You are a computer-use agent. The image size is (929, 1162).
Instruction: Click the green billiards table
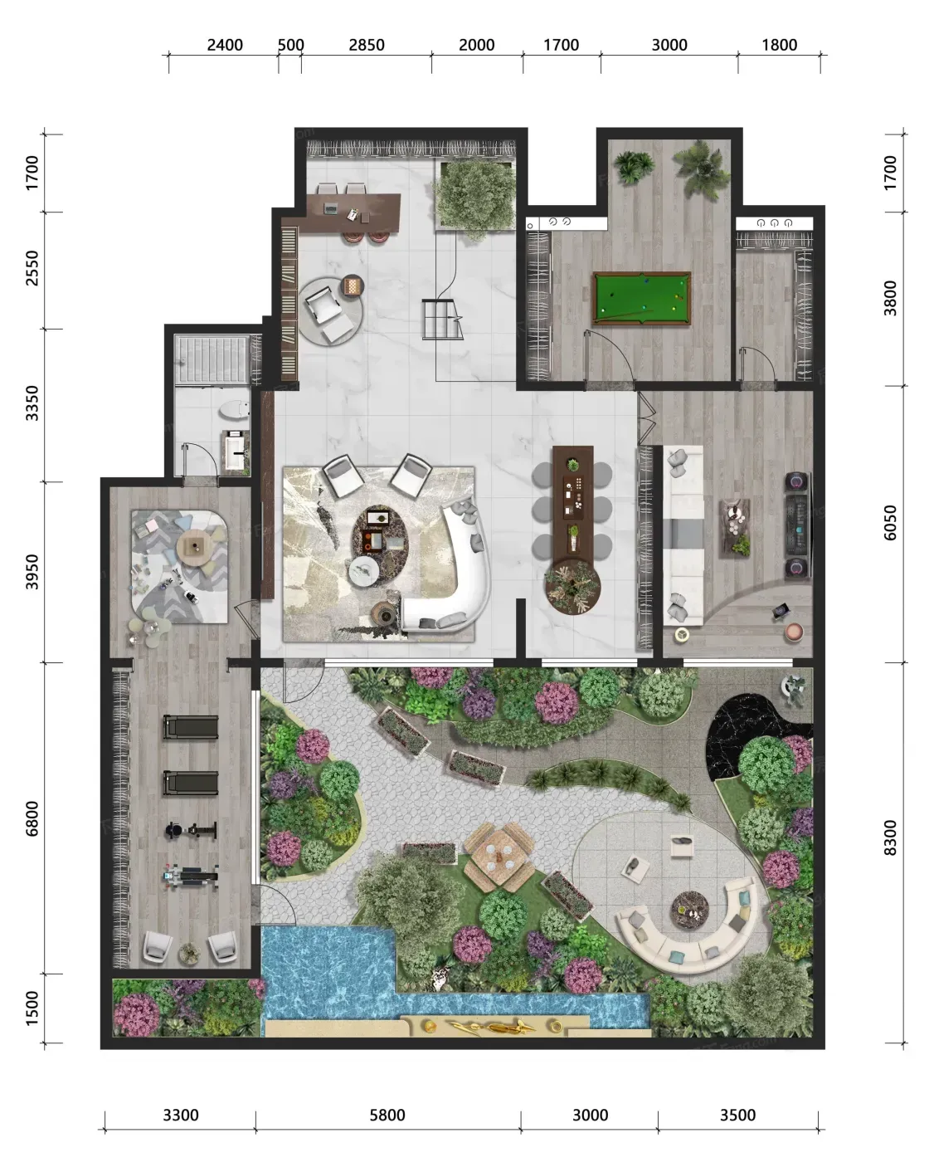click(641, 299)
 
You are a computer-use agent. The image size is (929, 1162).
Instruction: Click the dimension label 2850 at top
click(367, 45)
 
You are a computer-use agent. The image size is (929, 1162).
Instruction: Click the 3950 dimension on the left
click(32, 572)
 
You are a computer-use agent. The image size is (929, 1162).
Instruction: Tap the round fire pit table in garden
click(689, 911)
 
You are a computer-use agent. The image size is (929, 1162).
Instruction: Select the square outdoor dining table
click(499, 858)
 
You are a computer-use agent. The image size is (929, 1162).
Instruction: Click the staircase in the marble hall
click(442, 320)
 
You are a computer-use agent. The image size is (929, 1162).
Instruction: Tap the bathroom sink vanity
click(236, 452)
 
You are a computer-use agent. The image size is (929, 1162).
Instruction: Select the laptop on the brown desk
click(330, 207)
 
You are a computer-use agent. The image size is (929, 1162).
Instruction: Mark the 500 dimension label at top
click(290, 45)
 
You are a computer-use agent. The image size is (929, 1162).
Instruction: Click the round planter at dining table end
click(572, 587)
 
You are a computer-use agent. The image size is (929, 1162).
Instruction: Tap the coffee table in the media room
click(735, 528)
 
